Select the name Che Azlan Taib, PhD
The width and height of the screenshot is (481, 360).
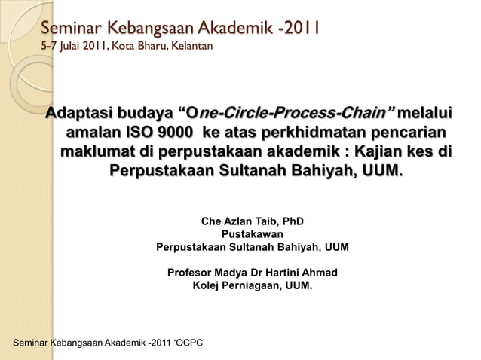click(253, 222)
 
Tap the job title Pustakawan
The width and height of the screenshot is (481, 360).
click(252, 234)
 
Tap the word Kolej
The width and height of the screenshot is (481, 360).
click(207, 285)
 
